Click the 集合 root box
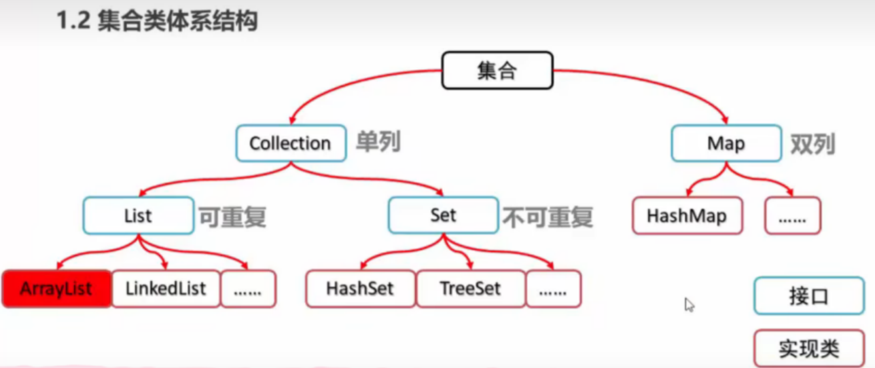pyautogui.click(x=497, y=71)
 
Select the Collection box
pyautogui.click(x=290, y=143)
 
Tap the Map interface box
pyautogui.click(x=726, y=143)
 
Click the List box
pyautogui.click(x=138, y=216)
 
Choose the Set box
pyautogui.click(x=442, y=216)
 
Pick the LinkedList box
pyautogui.click(x=166, y=289)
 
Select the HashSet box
pyautogui.click(x=359, y=289)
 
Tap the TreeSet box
pyautogui.click(x=470, y=289)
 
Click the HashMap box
pyautogui.click(x=687, y=216)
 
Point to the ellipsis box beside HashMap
pyautogui.click(x=792, y=216)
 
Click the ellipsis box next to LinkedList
pyautogui.click(x=249, y=289)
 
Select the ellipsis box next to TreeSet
pyautogui.click(x=553, y=289)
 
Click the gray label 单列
pyautogui.click(x=378, y=143)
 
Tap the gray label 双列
pyautogui.click(x=812, y=143)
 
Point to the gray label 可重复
pyautogui.click(x=232, y=217)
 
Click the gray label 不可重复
pyautogui.click(x=548, y=217)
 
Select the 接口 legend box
pyautogui.click(x=808, y=297)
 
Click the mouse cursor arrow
pyautogui.click(x=689, y=304)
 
